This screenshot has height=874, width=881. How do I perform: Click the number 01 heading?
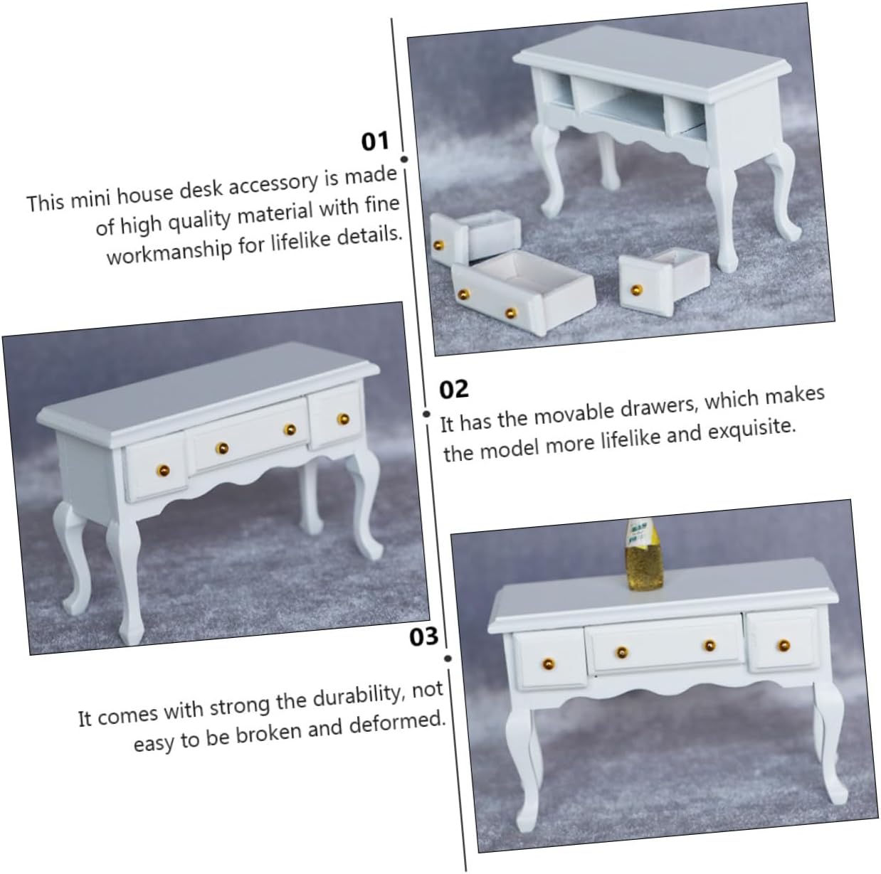click(x=375, y=142)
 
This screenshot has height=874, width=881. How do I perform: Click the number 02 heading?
click(x=454, y=390)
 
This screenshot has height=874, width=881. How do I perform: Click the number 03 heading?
click(x=423, y=637)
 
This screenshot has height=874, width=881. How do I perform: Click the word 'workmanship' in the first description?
click(x=169, y=251)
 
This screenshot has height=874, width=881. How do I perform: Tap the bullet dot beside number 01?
click(x=404, y=159)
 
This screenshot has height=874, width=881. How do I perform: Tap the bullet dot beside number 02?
click(x=426, y=414)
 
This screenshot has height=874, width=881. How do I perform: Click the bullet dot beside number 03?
click(x=448, y=659)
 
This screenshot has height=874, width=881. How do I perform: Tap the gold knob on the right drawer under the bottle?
click(x=784, y=646)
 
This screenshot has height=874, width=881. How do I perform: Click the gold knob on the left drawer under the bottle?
click(x=549, y=664)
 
